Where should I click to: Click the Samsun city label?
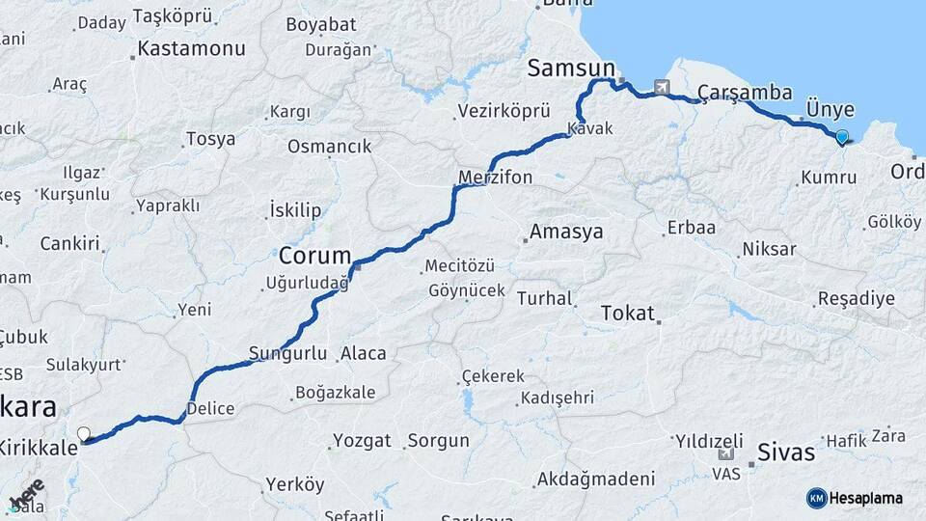point(571,69)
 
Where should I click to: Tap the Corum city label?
point(314,257)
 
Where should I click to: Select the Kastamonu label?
point(191,48)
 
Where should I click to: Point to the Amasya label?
point(566,232)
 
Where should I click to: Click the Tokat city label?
point(627,314)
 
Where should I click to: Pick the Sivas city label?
point(786,452)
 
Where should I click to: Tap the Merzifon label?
point(496,178)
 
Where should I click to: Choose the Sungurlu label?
point(288,353)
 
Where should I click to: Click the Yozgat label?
point(362,441)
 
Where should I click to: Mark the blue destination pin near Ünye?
point(842,137)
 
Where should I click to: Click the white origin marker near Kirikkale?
point(83,434)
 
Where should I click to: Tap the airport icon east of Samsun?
point(662,87)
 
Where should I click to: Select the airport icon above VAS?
point(725,454)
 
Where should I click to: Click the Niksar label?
point(769,250)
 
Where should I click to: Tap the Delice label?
point(210,408)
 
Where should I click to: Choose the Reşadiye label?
point(856,298)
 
